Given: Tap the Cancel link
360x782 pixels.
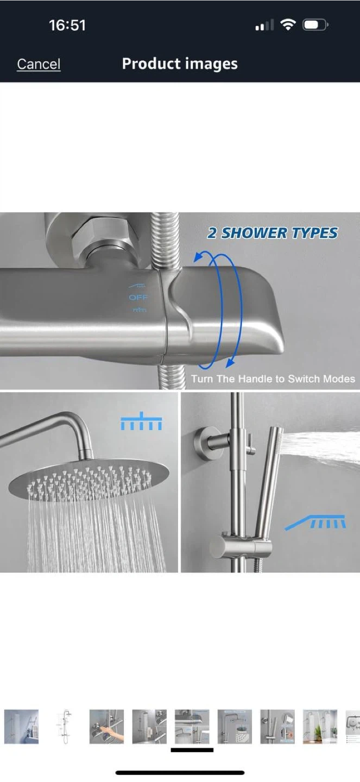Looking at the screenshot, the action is tap(39, 64).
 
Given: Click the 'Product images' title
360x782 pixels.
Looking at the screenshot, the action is tap(180, 64).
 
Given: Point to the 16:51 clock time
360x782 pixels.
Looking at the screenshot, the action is tap(67, 25).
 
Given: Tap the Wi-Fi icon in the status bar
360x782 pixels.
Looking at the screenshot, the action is tap(288, 25).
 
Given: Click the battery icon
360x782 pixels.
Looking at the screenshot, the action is tap(315, 25).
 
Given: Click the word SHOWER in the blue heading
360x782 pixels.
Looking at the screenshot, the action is tap(254, 233).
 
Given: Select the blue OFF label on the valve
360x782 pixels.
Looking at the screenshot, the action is tap(138, 298).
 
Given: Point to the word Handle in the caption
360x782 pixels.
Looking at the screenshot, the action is tap(255, 379).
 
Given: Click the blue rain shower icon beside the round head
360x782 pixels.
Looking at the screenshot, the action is tap(141, 421).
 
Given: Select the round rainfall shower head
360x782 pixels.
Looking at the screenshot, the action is tap(89, 481).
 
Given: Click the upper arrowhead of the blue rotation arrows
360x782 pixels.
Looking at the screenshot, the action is tap(198, 257).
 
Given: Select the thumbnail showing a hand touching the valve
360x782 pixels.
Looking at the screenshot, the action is tap(106, 726).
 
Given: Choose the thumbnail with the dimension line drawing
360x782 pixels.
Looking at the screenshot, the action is tap(64, 726).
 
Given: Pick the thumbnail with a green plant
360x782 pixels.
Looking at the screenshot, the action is tap(320, 726).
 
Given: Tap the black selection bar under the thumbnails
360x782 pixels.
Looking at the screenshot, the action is tap(192, 749).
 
